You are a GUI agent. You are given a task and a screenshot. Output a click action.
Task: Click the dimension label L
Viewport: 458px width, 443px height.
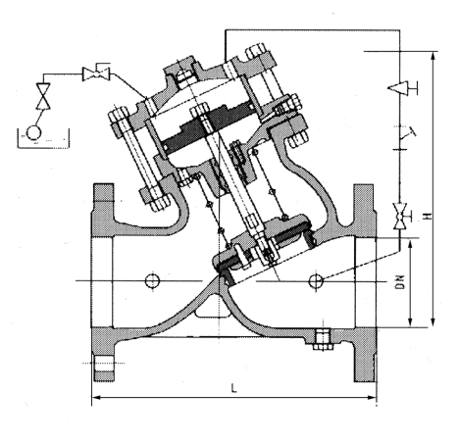pos(233,388)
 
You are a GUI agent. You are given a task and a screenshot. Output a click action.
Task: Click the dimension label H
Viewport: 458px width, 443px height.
pos(427,217)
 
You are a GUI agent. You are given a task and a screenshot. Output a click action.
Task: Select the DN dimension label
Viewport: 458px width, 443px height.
pos(399,282)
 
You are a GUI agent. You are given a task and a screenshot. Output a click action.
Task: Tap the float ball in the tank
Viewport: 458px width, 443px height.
pos(33,133)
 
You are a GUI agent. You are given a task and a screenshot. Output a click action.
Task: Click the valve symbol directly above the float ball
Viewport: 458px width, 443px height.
pos(43,96)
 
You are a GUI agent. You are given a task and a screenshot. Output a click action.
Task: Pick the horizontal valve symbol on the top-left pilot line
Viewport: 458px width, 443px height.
pos(96,74)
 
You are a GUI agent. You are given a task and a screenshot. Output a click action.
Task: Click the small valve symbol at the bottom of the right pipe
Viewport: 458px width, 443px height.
pos(399,216)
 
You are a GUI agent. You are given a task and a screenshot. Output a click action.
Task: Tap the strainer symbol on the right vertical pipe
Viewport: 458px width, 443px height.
pos(405,137)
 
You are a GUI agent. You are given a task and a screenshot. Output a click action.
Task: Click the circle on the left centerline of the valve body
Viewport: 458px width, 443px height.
pos(152,280)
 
